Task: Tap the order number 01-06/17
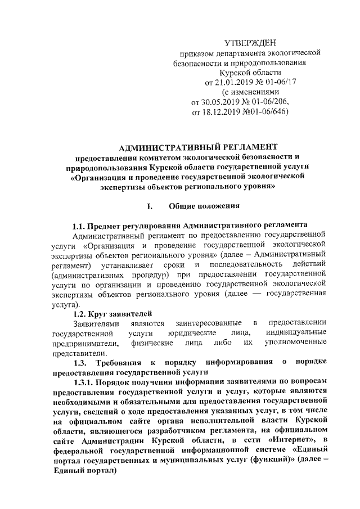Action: (281, 82)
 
